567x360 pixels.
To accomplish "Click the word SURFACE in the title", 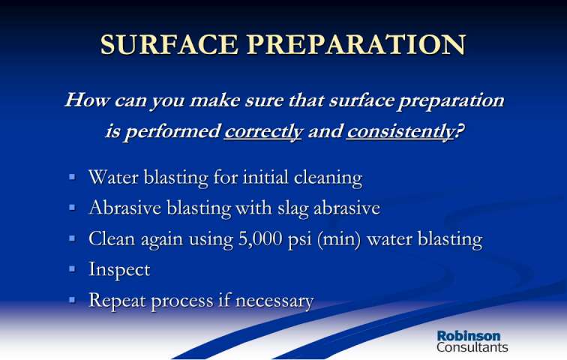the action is [x=169, y=45].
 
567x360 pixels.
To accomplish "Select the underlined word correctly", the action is [x=263, y=131].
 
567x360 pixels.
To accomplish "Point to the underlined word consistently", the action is [x=400, y=131].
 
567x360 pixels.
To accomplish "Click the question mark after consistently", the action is [x=459, y=130].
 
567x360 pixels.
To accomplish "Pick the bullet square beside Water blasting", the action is [x=72, y=177].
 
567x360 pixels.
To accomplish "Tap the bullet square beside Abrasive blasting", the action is [x=72, y=208].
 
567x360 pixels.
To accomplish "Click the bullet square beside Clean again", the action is [x=72, y=238].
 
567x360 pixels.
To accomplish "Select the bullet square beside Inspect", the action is [x=72, y=269].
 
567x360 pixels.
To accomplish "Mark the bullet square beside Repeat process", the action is [x=72, y=300].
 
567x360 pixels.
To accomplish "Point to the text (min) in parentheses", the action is [x=339, y=239].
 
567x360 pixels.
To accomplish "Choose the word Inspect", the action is [x=119, y=270].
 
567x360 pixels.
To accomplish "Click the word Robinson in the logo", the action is [x=469, y=336].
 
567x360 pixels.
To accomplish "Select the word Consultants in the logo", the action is [x=472, y=347].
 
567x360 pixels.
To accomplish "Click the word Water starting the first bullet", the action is [x=113, y=178].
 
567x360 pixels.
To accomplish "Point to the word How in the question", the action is [x=87, y=100].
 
